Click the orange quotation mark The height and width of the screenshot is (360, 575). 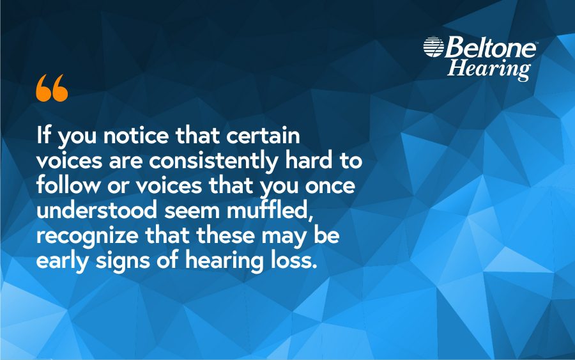click(x=52, y=88)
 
